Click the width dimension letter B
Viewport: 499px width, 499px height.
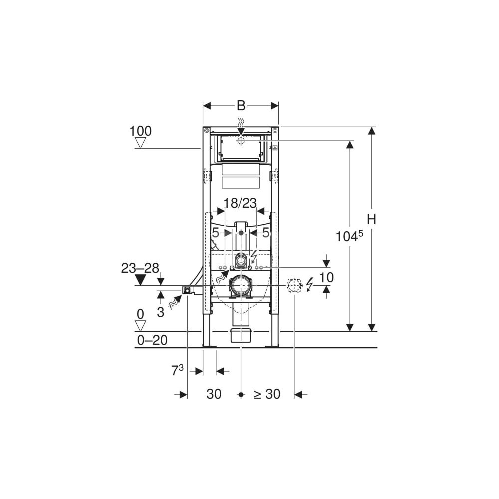coord(241,106)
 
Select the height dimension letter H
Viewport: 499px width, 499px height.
coord(371,219)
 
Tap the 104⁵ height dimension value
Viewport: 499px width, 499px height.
coord(349,236)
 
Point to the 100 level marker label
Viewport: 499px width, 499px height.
coord(140,131)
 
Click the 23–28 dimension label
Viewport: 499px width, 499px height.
coord(140,268)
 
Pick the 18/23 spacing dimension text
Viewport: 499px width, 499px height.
coord(240,203)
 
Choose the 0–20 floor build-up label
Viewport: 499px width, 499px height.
coord(152,340)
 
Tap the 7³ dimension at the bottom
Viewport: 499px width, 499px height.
coord(177,370)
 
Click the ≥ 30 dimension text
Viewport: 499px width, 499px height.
coord(267,394)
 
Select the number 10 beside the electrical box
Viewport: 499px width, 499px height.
coord(326,277)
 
